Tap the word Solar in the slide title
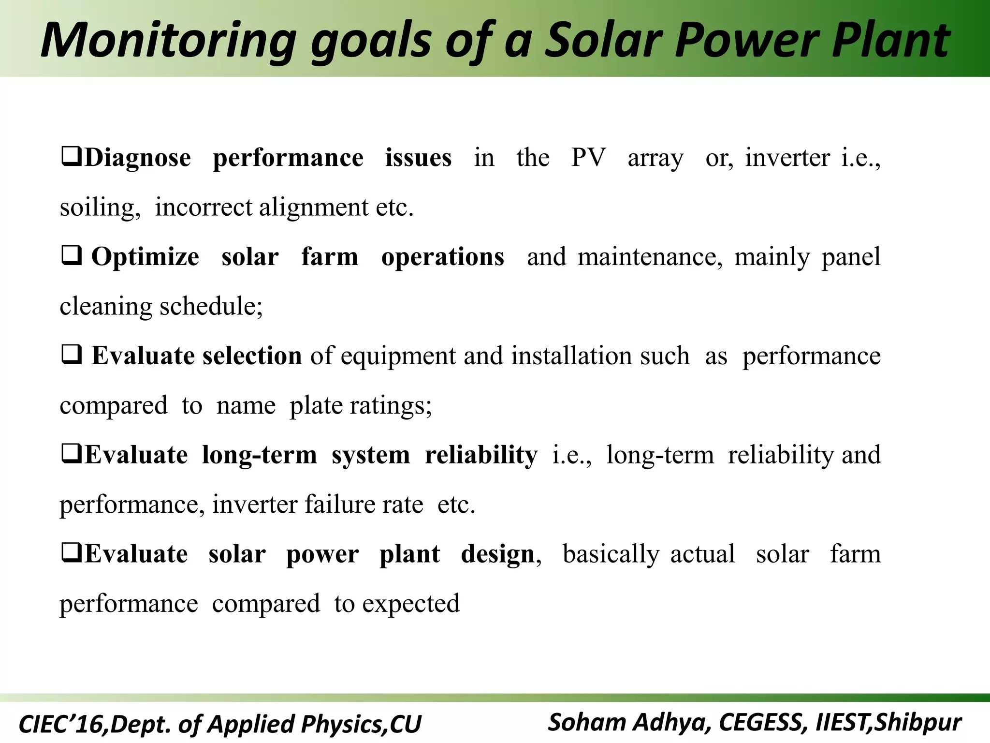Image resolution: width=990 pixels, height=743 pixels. [604, 41]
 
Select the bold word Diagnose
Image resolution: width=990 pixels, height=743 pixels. [138, 158]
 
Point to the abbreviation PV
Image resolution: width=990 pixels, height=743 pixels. [588, 158]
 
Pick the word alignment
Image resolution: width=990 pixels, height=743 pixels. [314, 208]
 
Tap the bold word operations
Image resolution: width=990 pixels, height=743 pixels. [442, 257]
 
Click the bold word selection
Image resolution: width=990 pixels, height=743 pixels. [252, 356]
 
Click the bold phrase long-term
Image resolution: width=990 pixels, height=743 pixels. [259, 455]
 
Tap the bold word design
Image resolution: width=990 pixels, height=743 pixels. [497, 554]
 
